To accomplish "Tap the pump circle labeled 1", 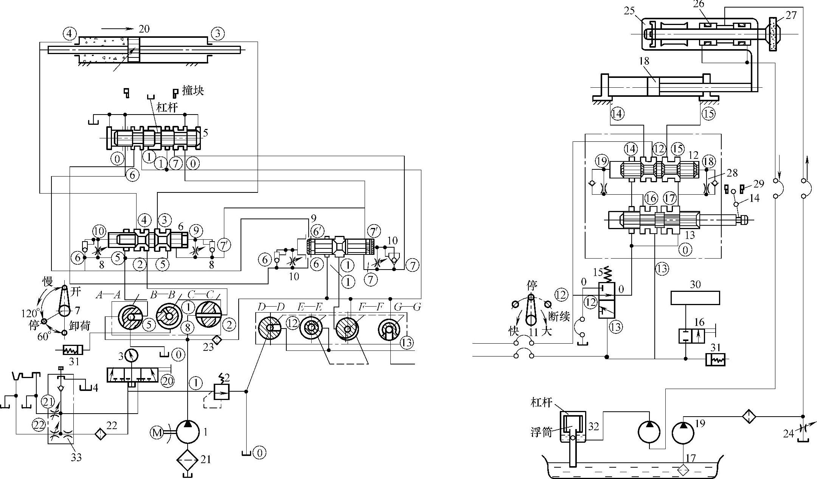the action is click(x=188, y=431).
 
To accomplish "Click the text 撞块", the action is click(x=193, y=91).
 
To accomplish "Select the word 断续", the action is click(x=559, y=317).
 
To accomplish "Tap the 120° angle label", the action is click(x=30, y=313).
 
